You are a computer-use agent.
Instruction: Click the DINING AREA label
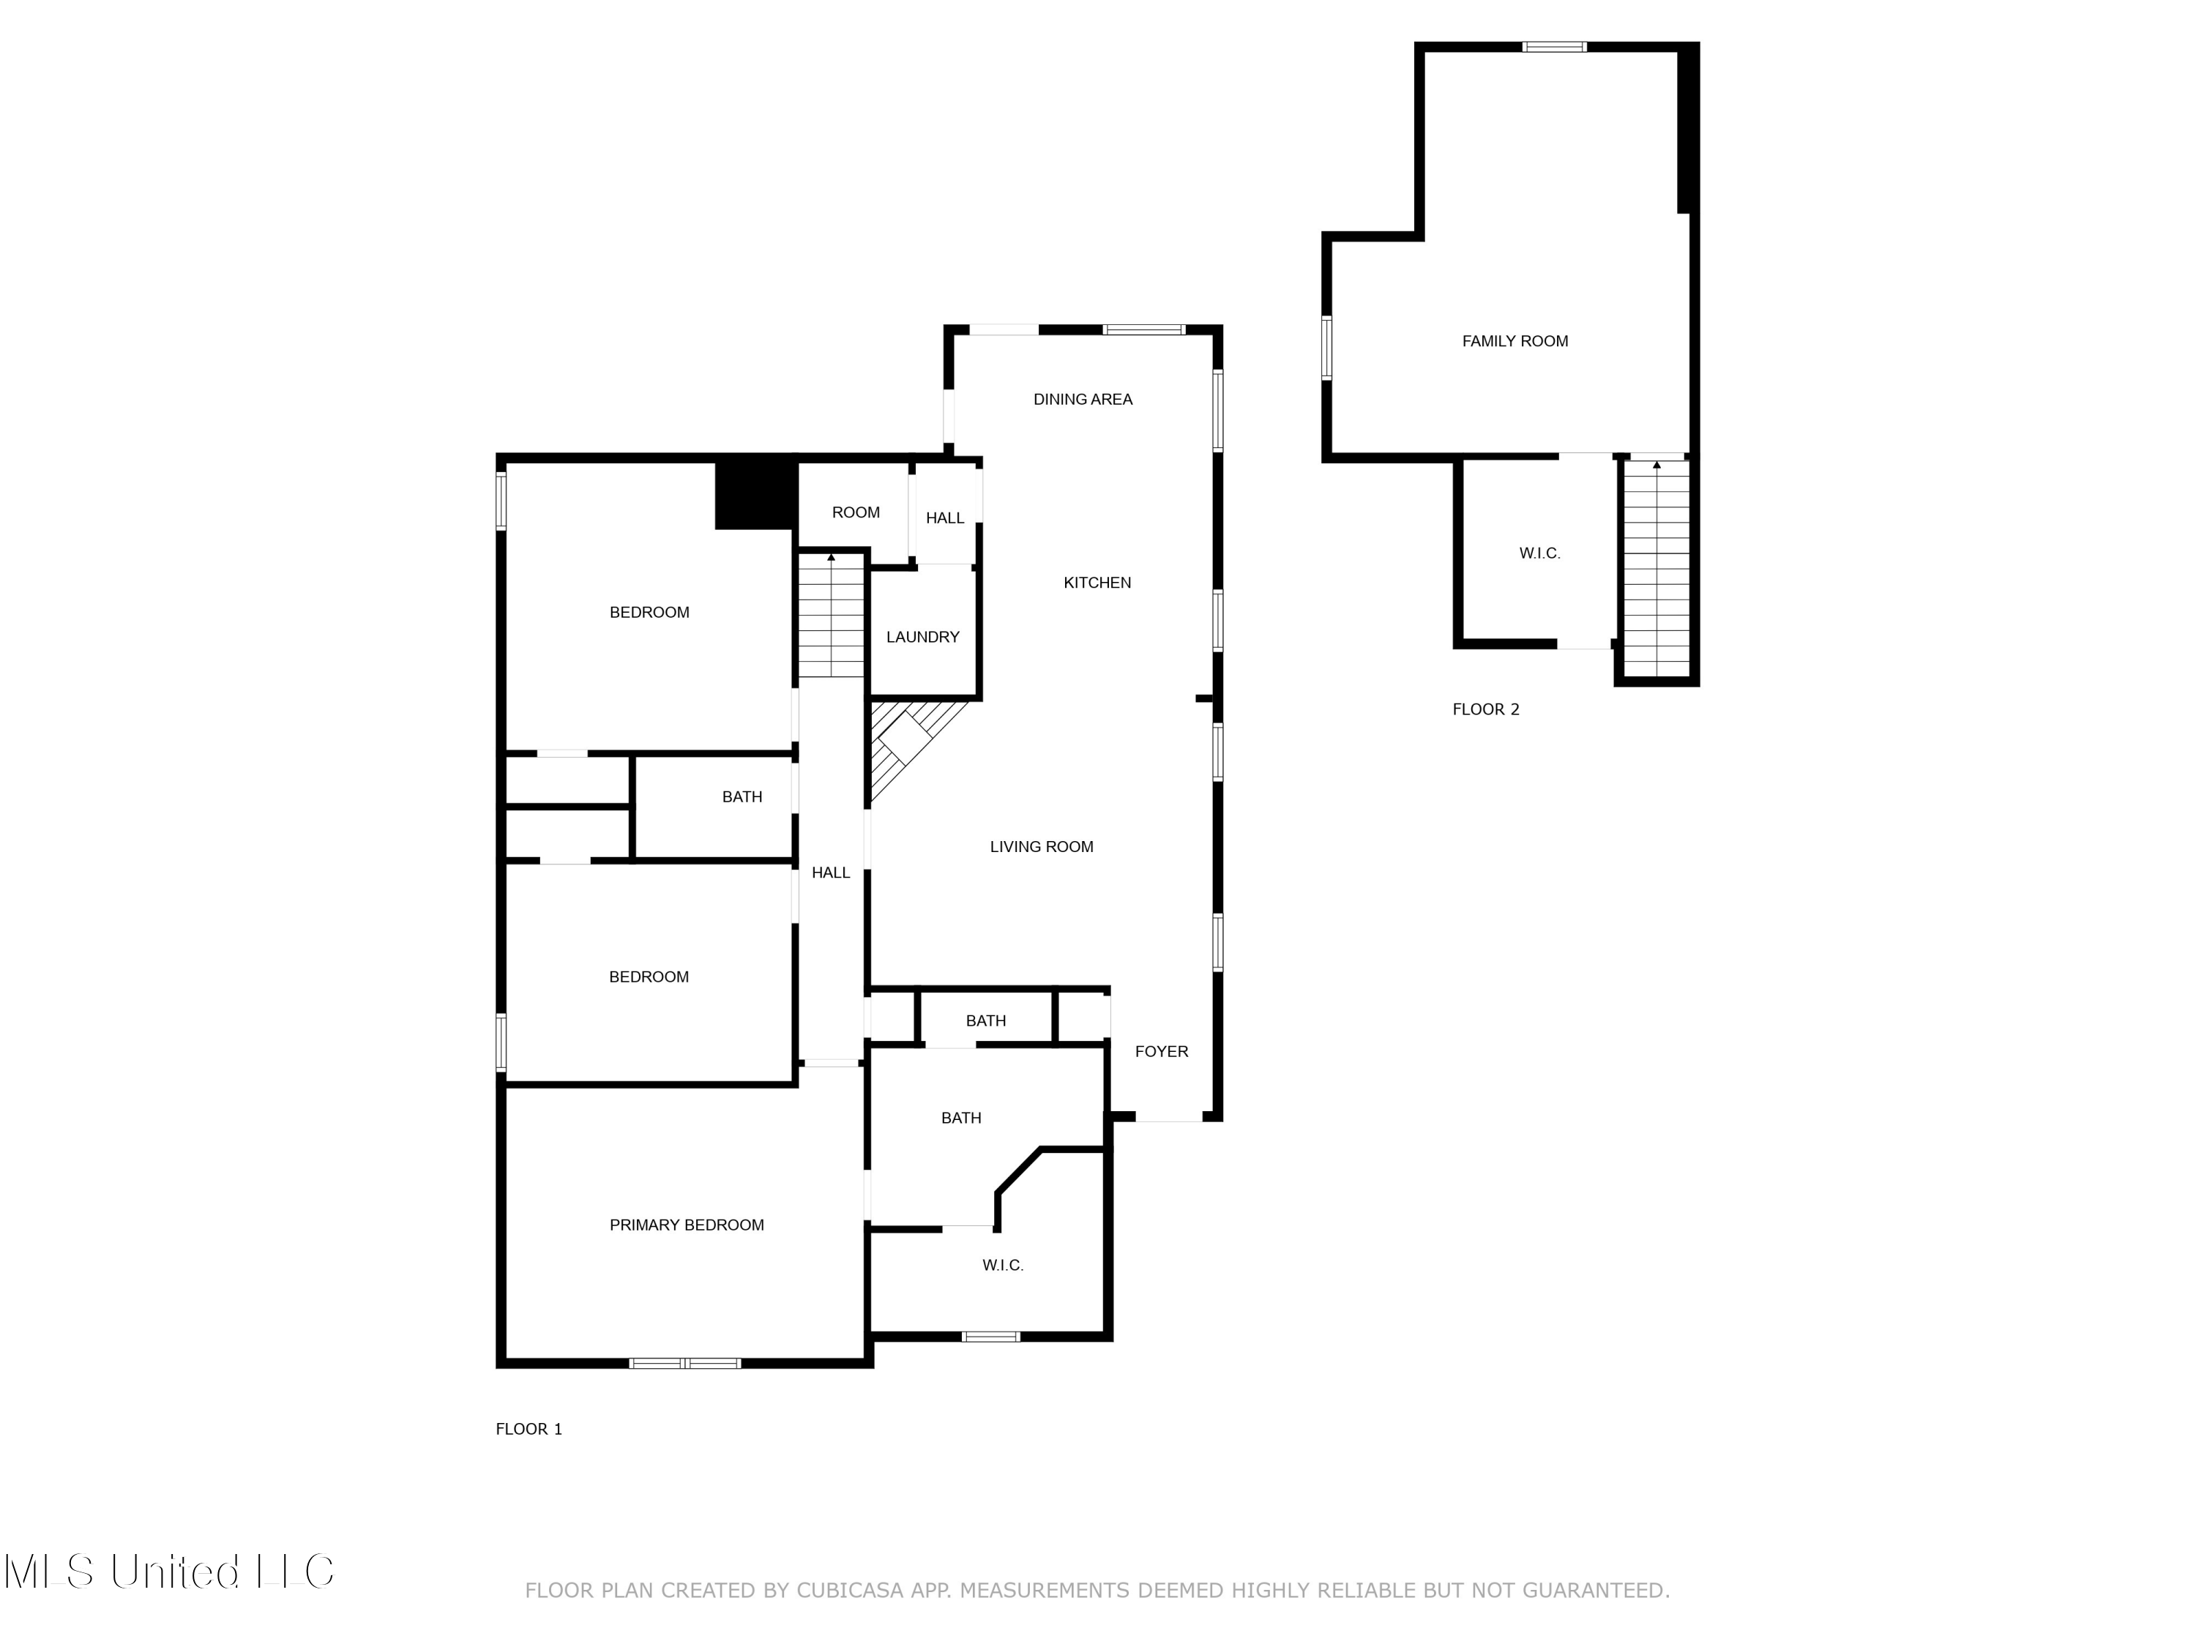[1082, 399]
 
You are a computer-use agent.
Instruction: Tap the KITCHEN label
[1097, 583]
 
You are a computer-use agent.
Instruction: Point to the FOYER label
[1160, 1051]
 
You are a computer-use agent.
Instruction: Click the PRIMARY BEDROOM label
[686, 1225]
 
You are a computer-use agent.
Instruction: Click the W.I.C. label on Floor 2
[1539, 553]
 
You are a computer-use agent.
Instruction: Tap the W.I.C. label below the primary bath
[1003, 1265]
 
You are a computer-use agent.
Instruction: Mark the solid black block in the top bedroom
[755, 494]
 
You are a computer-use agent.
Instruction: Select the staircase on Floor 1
[831, 616]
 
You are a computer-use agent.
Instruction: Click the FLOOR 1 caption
[529, 1429]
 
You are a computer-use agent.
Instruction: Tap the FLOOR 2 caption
[1485, 709]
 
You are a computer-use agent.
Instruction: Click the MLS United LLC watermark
[169, 1571]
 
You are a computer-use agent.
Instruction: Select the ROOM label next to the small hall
[855, 512]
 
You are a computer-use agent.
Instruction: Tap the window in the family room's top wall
[1554, 47]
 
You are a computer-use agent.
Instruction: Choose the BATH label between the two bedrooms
[742, 797]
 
